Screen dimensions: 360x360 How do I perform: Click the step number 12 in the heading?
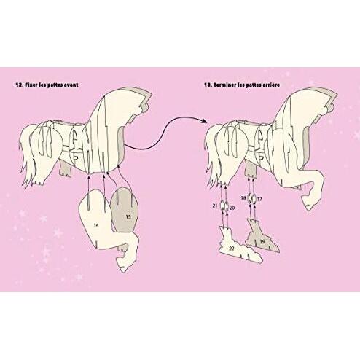pos(19,85)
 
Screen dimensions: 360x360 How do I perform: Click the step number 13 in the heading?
pos(208,85)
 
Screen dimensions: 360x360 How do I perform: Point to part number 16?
pos(96,226)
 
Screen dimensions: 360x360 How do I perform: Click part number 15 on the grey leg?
pos(128,216)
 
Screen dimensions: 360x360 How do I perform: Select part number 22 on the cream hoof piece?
pos(232,249)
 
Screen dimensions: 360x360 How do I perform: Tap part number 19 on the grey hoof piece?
pos(262,241)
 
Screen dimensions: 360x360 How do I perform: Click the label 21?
pos(215,206)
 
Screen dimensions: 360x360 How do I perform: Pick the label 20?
pos(232,208)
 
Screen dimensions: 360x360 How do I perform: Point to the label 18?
pos(243,198)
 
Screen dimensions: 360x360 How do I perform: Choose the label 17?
pos(259,199)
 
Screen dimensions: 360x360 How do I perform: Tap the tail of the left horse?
pos(27,154)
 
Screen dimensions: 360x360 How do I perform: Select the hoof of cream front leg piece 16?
pos(124,264)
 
